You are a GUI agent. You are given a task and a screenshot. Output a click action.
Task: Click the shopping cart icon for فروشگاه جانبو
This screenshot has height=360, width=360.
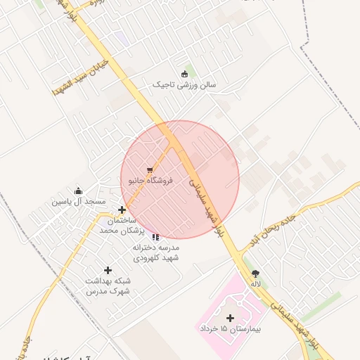click(150, 170)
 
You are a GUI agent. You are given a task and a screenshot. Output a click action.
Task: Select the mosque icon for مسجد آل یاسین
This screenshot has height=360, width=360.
click(78, 191)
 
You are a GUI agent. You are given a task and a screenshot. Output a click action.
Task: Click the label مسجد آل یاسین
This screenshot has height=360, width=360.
click(78, 201)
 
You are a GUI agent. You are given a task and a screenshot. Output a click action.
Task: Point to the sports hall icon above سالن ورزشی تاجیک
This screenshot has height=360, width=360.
click(185, 74)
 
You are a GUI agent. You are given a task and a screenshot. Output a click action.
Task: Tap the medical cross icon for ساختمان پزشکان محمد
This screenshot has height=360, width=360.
click(122, 210)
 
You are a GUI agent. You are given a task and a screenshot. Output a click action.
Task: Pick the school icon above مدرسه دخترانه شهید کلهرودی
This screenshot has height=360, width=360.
click(155, 238)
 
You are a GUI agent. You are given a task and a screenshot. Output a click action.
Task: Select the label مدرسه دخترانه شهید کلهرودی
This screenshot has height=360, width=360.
click(155, 253)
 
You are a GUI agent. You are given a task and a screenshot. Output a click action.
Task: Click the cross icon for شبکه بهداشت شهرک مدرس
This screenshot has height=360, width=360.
click(108, 270)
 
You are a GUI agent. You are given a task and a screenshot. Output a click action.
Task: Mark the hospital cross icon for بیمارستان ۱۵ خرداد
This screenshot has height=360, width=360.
click(230, 318)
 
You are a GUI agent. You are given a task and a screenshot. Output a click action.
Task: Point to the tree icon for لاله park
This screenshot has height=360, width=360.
click(255, 274)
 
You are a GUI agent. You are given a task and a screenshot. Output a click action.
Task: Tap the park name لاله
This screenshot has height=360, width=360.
click(255, 284)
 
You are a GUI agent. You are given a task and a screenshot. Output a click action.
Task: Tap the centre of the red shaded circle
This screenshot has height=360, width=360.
click(180, 180)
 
